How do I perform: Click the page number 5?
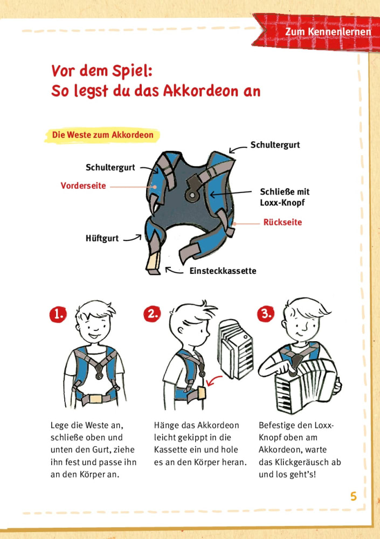tap(354, 496)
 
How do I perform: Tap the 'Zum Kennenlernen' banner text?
tap(328, 32)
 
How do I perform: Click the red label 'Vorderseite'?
tap(83, 186)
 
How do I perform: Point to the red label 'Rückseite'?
tap(282, 222)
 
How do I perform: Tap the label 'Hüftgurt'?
tap(102, 238)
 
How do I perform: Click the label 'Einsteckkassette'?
tap(223, 271)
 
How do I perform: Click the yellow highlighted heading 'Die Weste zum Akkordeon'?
tap(102, 135)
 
